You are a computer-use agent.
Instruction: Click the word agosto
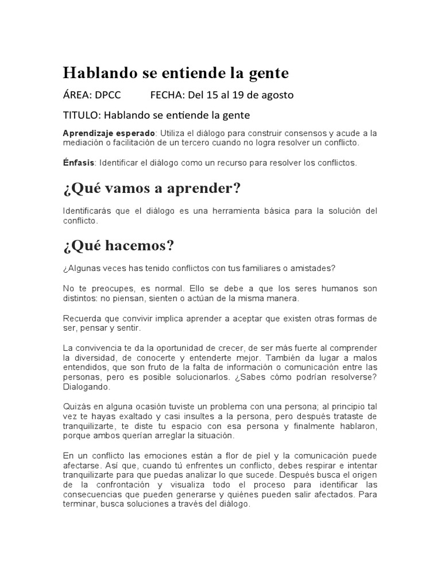pyautogui.click(x=278, y=95)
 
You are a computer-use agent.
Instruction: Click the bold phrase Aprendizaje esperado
pyautogui.click(x=109, y=133)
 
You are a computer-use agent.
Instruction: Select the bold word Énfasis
pyautogui.click(x=79, y=163)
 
